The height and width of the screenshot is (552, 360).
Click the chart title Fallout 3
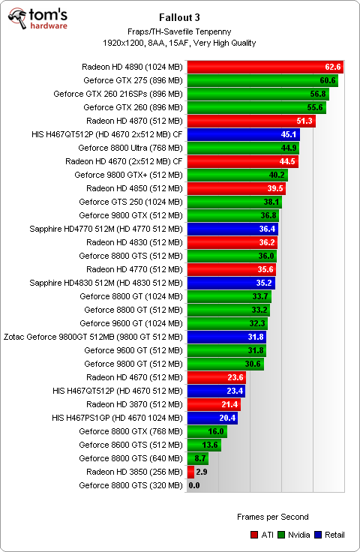tap(180, 16)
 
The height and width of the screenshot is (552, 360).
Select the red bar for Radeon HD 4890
tap(264, 67)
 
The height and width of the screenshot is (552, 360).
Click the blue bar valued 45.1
tap(243, 134)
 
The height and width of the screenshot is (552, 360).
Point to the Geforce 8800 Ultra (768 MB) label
tap(130, 148)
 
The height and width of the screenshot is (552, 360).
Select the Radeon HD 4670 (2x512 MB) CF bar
tap(241, 161)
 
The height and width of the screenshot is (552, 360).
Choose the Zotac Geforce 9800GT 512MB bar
tap(226, 337)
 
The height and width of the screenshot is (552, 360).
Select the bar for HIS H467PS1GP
tap(211, 418)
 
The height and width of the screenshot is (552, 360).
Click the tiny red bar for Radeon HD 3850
tap(190, 472)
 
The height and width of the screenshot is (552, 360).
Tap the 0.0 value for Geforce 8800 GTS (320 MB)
tap(194, 485)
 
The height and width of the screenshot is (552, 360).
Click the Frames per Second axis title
tap(272, 517)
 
